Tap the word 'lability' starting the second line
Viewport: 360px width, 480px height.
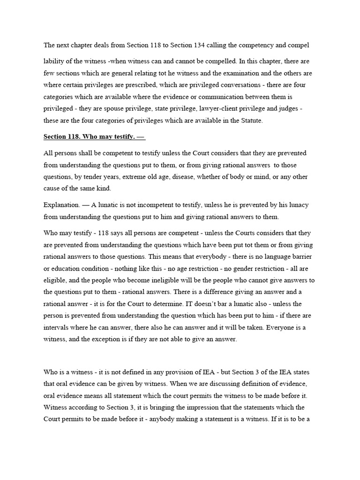pyautogui.click(x=54, y=61)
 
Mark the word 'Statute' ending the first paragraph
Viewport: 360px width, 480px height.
pyautogui.click(x=252, y=120)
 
